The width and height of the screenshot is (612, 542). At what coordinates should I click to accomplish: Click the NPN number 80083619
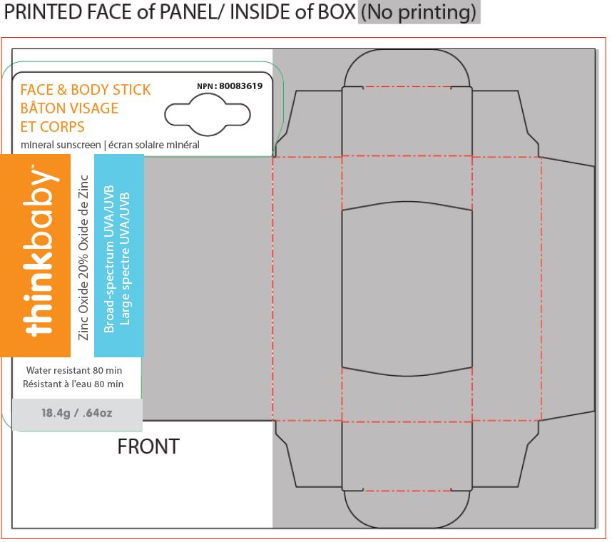click(x=240, y=86)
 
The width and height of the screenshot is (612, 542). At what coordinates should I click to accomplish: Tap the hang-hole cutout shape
click(x=208, y=116)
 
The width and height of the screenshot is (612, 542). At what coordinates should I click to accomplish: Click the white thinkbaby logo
click(x=41, y=251)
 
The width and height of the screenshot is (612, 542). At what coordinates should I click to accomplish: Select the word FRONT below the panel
click(x=148, y=446)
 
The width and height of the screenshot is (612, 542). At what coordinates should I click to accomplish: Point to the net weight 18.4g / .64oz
click(x=77, y=413)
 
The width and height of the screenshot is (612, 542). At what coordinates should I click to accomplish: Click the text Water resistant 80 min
click(x=74, y=370)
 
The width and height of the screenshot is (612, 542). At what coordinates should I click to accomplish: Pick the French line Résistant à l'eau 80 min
click(x=73, y=384)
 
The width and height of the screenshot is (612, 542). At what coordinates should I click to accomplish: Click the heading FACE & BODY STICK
click(x=86, y=90)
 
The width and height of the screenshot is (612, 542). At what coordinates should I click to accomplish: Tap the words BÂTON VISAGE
click(x=69, y=108)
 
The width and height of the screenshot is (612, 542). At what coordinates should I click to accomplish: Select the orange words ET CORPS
click(x=52, y=127)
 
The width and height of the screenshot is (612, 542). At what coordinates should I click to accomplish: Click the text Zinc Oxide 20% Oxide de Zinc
click(x=83, y=257)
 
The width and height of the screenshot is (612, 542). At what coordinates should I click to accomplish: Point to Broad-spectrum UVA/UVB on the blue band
click(x=109, y=259)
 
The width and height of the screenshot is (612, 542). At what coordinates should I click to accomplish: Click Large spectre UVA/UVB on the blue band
click(x=124, y=259)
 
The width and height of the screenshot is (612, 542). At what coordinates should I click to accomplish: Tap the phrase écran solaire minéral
click(x=154, y=145)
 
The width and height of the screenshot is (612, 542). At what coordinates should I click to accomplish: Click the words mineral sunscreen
click(x=61, y=145)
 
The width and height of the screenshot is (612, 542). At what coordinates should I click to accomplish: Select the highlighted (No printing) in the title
click(x=419, y=11)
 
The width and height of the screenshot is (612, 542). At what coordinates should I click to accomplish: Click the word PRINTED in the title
click(x=43, y=11)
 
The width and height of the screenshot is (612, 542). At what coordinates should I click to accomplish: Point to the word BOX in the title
click(x=337, y=11)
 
